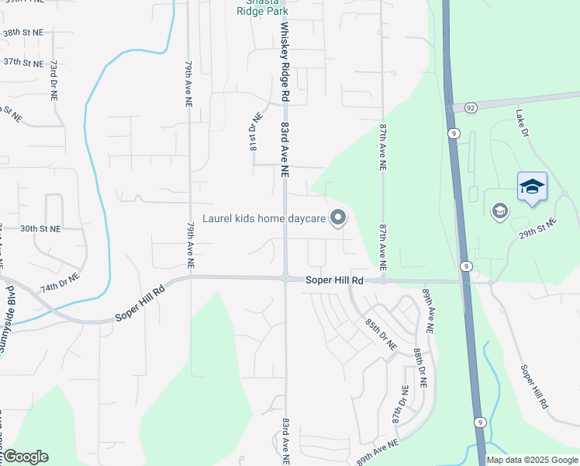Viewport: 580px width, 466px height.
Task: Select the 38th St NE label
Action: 22,34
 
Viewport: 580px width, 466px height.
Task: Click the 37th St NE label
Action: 22,61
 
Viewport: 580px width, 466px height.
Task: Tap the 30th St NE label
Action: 40,229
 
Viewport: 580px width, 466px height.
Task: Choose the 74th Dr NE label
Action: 60,283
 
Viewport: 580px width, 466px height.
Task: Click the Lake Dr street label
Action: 522,123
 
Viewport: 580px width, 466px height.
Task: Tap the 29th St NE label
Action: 538,228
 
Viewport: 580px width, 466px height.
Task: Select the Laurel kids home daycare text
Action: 264,218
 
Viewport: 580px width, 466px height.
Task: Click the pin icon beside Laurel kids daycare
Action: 337,218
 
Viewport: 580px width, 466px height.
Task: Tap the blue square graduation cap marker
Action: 532,186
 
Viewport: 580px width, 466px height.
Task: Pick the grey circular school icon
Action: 499,210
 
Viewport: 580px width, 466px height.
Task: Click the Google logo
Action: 25,457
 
